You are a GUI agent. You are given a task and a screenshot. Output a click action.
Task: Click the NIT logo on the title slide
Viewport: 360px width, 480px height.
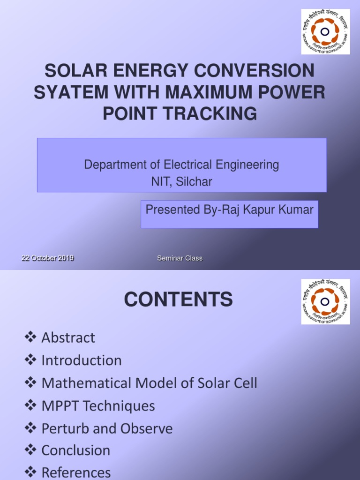(325, 32)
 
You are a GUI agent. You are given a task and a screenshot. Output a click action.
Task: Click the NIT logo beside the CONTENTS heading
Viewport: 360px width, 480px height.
(325, 301)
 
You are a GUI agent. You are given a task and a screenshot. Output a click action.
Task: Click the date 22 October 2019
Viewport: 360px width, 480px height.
(48, 258)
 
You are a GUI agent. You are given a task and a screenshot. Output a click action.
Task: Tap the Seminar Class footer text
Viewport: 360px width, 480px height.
(180, 258)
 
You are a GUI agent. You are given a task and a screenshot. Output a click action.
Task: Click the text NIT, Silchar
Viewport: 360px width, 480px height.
(181, 182)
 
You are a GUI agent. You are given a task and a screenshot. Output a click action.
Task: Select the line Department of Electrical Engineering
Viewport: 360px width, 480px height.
(181, 165)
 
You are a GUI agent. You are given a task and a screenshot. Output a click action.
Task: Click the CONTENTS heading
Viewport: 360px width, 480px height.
(179, 300)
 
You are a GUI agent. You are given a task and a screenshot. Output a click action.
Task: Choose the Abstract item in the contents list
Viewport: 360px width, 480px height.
(68, 337)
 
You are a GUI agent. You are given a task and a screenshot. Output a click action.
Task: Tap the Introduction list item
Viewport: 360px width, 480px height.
(82, 360)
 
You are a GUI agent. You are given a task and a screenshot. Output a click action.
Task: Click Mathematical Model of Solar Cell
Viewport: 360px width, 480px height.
(149, 383)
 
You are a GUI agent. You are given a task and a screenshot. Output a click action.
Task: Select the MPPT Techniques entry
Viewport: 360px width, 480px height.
(98, 405)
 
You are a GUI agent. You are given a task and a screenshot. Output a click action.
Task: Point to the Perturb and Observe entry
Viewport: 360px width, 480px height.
(107, 428)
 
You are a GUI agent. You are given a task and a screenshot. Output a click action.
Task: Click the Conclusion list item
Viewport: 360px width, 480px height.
(76, 451)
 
